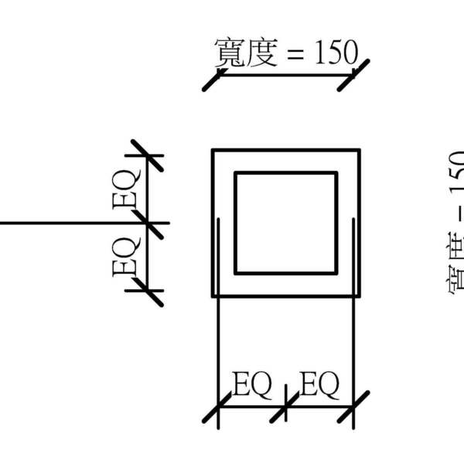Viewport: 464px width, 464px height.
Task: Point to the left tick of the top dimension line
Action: coord(218,75)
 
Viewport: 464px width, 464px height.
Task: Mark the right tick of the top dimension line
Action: coord(354,74)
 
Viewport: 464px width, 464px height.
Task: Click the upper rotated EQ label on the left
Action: coord(126,189)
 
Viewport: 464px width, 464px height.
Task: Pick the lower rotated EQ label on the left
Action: coord(126,258)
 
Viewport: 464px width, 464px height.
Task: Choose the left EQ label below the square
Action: coord(252,384)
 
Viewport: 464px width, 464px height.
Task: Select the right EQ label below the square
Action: coord(319,384)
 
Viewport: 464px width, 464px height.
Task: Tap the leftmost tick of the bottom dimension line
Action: coord(218,407)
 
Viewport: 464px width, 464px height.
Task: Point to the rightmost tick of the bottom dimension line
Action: coord(354,407)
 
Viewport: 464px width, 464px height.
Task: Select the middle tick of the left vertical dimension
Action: coord(147,223)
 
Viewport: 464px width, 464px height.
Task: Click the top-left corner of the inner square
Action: coord(236,173)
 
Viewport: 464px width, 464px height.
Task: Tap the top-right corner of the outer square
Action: coord(360,149)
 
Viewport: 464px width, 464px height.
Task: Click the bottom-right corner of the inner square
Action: coord(336,272)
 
